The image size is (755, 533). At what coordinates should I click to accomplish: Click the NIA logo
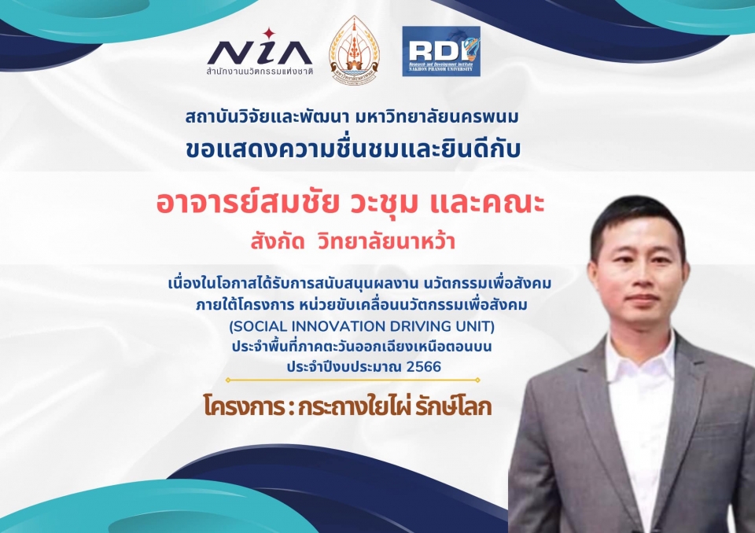coord(260,53)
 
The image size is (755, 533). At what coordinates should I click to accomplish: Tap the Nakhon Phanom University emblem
coord(355,50)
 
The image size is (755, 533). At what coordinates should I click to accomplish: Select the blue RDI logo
coord(441,51)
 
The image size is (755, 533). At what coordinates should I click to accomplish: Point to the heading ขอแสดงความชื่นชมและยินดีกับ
coord(353,149)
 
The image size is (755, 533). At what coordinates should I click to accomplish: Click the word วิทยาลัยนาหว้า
coord(386,241)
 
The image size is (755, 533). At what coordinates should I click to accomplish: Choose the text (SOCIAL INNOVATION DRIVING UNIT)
coord(362,326)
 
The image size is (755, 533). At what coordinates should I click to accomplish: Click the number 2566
coord(424,367)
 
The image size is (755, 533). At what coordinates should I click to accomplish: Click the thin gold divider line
coord(353,380)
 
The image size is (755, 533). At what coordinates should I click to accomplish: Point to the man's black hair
coord(637,217)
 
